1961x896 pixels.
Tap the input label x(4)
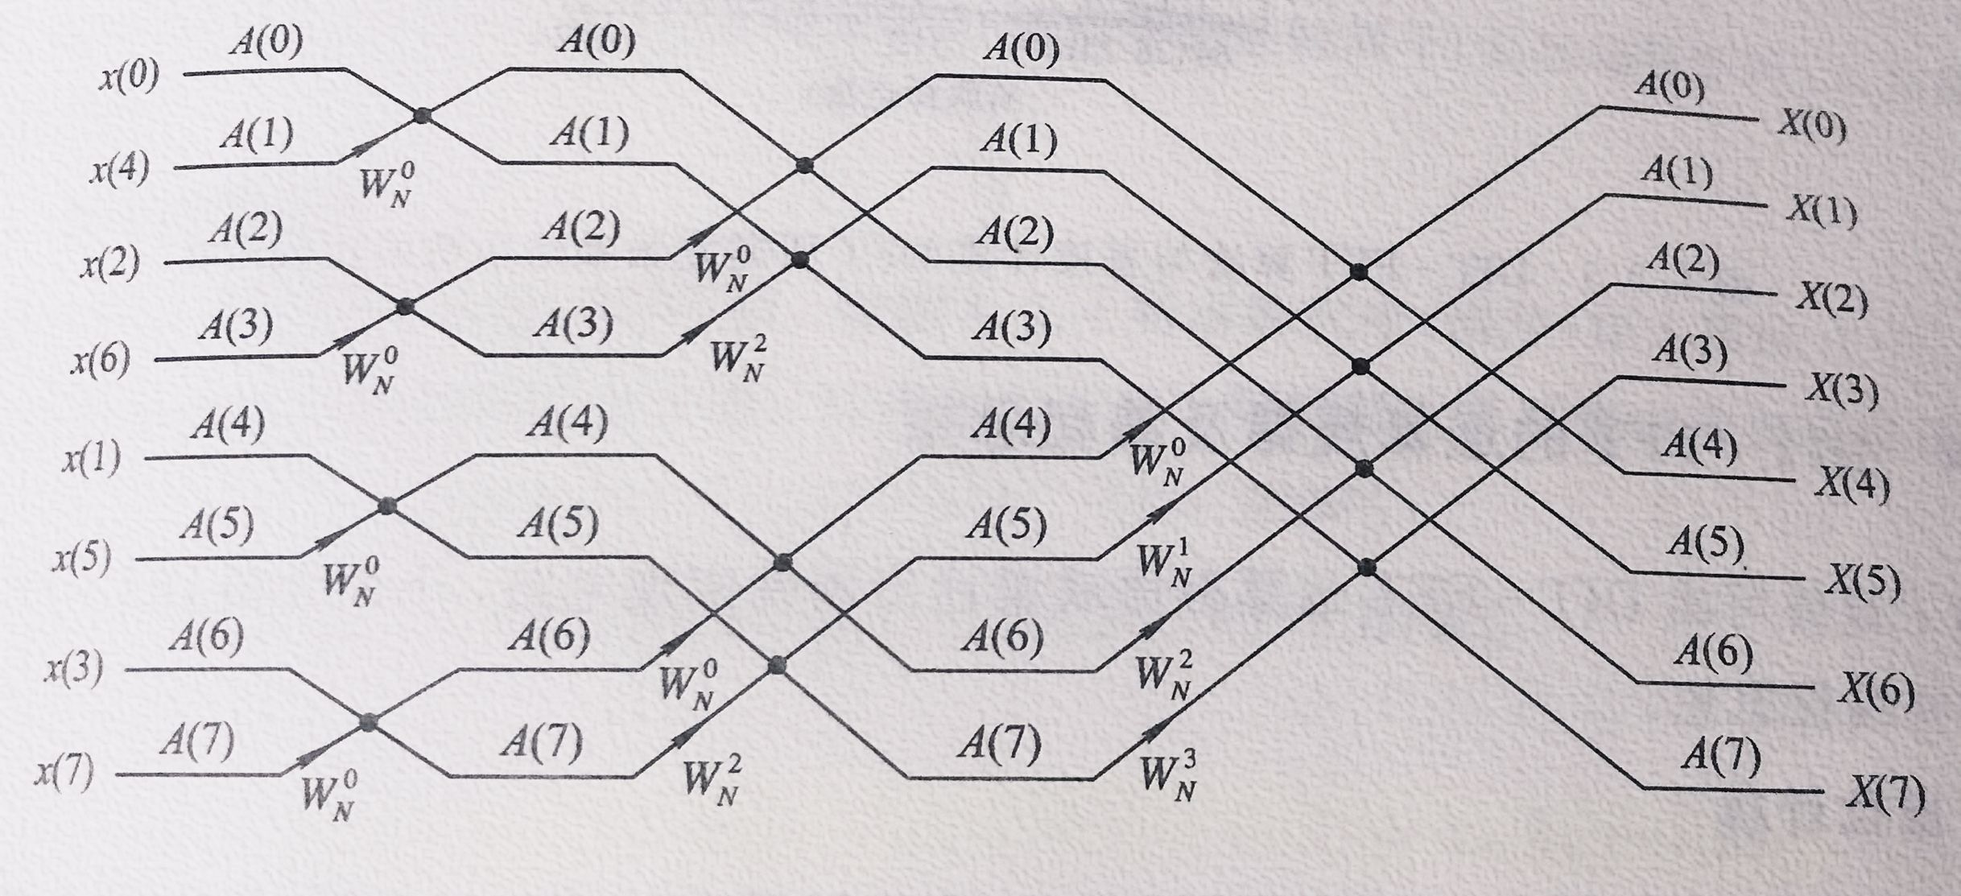[119, 171]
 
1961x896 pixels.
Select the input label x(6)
[100, 361]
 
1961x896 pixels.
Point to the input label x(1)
[91, 460]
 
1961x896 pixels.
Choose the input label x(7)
[64, 774]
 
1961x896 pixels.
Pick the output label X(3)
[1840, 391]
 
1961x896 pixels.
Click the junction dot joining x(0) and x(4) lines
[422, 116]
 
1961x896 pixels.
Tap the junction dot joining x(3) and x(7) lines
[368, 722]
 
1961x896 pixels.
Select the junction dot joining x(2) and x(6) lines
[405, 307]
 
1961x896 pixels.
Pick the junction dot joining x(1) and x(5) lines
[387, 506]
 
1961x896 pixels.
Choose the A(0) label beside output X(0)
[1669, 85]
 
